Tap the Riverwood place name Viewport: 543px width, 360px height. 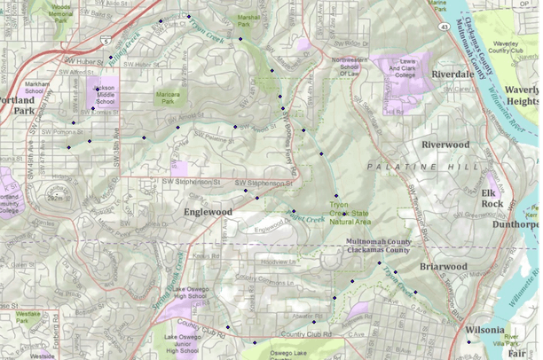[x=445, y=144]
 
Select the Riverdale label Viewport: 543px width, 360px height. [x=452, y=75]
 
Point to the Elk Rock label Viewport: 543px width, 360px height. [x=492, y=198]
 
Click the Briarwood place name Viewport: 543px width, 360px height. [x=444, y=266]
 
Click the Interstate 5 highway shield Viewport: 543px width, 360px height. [x=106, y=41]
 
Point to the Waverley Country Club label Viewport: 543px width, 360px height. [x=508, y=46]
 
